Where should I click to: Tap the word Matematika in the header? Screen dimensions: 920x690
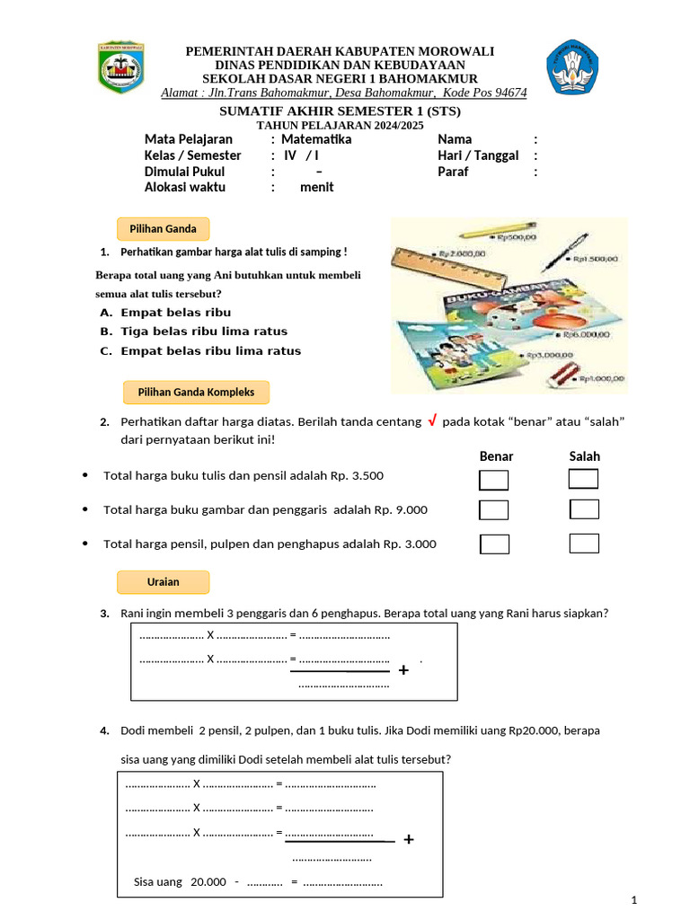coord(316,139)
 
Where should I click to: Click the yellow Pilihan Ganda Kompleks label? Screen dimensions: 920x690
coord(196,393)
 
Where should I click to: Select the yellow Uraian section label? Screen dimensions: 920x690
coord(163,582)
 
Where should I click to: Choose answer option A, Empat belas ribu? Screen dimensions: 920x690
coord(166,313)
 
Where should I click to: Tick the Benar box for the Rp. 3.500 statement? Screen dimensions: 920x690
coord(494,480)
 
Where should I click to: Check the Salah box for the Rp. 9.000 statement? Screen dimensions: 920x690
coord(584,510)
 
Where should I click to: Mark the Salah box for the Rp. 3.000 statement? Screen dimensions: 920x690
coord(584,544)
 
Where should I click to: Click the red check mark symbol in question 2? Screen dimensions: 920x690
coord(432,421)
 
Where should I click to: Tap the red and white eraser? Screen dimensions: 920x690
coord(553,371)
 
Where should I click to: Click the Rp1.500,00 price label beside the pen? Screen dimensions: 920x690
coord(592,259)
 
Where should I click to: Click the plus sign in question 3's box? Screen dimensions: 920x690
coord(403,670)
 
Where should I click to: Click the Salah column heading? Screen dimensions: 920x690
coord(584,456)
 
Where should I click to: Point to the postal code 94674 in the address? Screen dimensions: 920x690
coord(511,93)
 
